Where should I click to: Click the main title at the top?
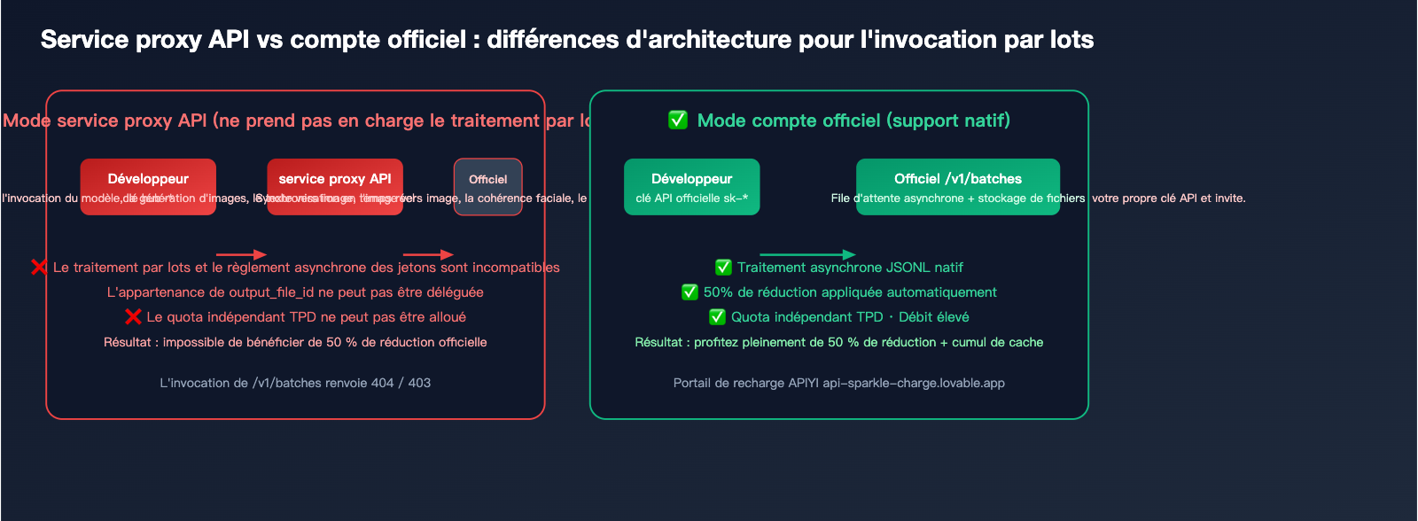567,40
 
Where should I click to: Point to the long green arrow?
807,255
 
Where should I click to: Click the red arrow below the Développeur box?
241,255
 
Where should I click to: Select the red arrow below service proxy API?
428,255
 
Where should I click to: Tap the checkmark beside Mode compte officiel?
678,120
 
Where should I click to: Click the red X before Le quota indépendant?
133,316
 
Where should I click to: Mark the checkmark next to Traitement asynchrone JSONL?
723,267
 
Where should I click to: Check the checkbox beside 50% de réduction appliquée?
690,292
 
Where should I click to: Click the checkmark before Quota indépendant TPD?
717,316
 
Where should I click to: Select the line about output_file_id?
295,292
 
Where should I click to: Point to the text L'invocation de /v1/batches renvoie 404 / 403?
295,383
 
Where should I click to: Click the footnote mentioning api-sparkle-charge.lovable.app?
838,383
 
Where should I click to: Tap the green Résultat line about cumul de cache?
838,342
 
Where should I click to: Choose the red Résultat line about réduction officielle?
295,342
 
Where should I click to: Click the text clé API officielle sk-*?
691,198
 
